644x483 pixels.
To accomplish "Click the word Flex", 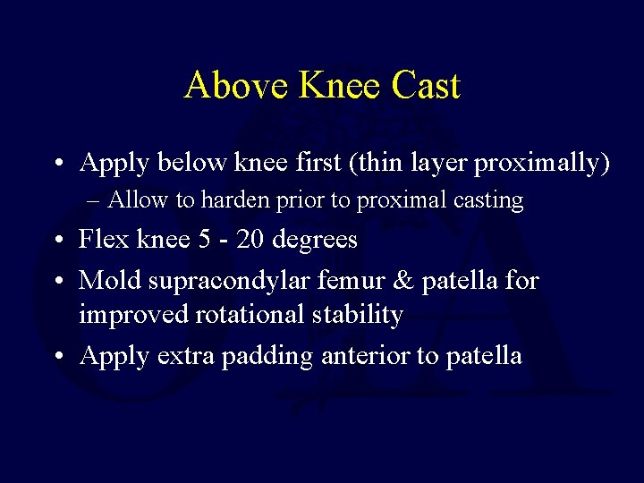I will pyautogui.click(x=101, y=240).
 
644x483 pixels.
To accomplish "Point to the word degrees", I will pyautogui.click(x=314, y=241).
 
